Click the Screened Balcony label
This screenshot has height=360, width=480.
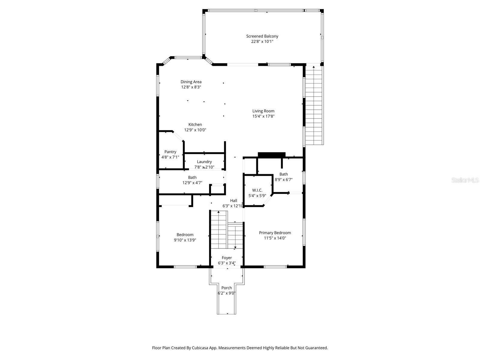coord(262,36)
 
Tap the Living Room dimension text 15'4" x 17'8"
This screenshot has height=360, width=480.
coord(263,116)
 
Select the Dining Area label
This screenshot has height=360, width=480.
coord(191,82)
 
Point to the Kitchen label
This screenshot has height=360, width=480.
coord(195,124)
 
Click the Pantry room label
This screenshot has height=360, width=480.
coord(170,152)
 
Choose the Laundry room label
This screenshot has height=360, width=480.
coord(204,162)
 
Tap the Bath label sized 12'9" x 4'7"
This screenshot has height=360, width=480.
coord(192,178)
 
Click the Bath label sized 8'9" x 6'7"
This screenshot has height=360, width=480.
coord(283,174)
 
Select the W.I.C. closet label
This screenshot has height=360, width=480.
coord(257,190)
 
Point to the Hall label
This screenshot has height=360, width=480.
coord(233,201)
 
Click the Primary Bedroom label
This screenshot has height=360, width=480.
coord(275,233)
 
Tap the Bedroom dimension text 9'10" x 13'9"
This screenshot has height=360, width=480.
coord(185,240)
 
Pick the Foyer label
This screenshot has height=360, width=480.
coord(227,258)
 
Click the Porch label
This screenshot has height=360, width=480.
coord(226,288)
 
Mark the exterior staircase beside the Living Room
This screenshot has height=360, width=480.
coord(314,105)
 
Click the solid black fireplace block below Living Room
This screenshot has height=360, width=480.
coord(271,155)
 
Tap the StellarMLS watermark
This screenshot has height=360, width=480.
coord(465,180)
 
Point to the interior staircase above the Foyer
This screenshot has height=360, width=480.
coord(226,231)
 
